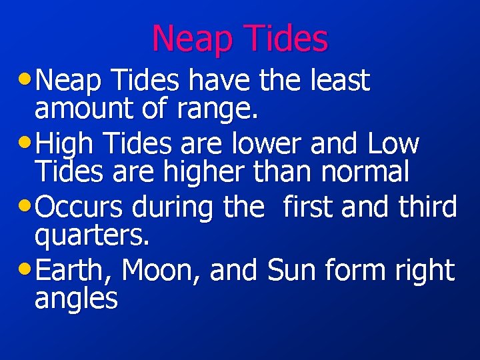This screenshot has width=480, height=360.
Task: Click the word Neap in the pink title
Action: point(194,39)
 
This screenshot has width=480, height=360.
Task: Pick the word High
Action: point(65,144)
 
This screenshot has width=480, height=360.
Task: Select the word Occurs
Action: point(80,207)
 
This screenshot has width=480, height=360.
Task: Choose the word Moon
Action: point(162,271)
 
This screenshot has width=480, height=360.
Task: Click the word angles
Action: point(76,299)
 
